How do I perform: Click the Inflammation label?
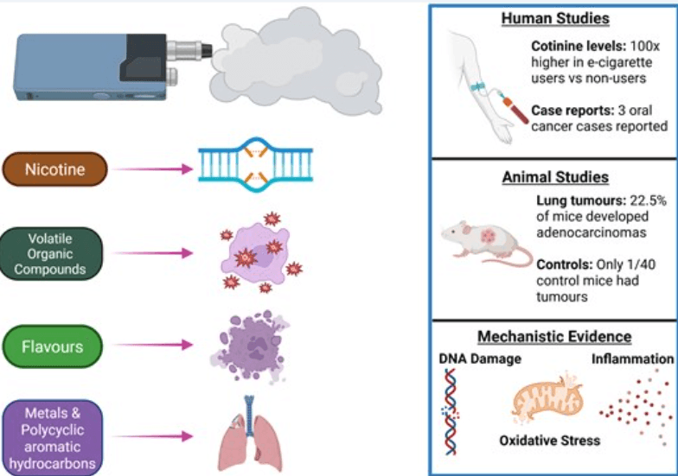[x=633, y=359]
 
